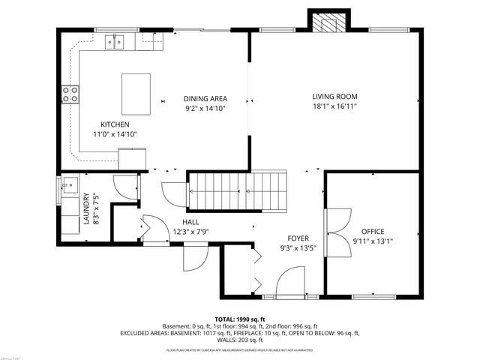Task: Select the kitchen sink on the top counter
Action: coord(115,41)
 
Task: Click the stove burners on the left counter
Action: coord(71,93)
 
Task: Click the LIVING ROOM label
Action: coord(334,97)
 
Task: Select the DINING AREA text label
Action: coord(205,98)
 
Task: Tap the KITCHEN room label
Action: coord(115,124)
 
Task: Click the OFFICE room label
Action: coord(373,231)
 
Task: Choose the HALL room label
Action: coord(190,222)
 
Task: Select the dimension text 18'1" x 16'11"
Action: coord(334,106)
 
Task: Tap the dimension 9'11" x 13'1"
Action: coord(373,241)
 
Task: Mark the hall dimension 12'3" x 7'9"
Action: coord(190,232)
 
